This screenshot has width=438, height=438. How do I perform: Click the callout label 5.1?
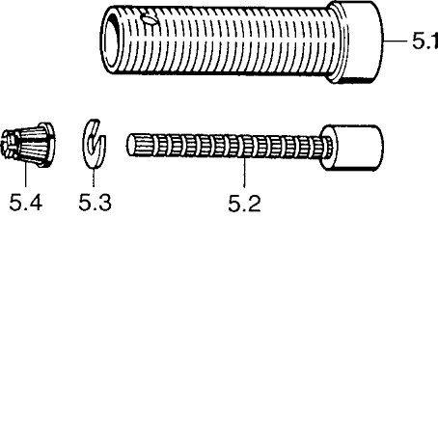(425, 41)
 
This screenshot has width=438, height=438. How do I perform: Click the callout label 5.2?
(244, 204)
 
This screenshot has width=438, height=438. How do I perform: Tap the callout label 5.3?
(96, 203)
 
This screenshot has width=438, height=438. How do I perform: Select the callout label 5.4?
(26, 203)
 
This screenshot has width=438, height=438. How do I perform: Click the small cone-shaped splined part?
(28, 145)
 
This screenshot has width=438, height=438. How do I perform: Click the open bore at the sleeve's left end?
(112, 41)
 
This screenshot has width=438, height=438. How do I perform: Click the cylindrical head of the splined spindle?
(352, 148)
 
